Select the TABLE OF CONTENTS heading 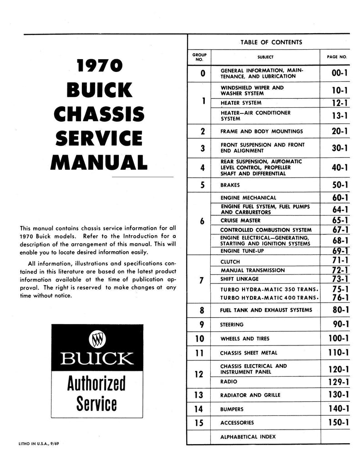(271, 42)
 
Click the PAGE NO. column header (337, 57)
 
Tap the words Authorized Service (96, 393)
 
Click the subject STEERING (232, 324)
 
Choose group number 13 (198, 395)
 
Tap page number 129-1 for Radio (335, 381)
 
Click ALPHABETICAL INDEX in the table (248, 437)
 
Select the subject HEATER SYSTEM (241, 103)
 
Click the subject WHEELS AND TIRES (245, 339)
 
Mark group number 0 (203, 73)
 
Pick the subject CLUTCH (230, 262)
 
